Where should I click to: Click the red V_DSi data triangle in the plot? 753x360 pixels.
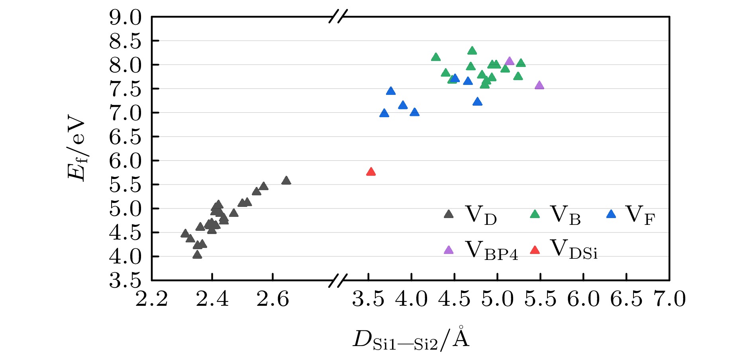click(x=371, y=172)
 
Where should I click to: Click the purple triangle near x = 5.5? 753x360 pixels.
click(x=539, y=85)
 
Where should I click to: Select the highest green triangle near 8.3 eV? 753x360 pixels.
click(x=472, y=51)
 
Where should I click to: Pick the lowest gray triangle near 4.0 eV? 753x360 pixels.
click(x=197, y=255)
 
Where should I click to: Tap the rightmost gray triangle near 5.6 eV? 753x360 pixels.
click(x=286, y=181)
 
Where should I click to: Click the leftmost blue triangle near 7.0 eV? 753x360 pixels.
click(x=384, y=113)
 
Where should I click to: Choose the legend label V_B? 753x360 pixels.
click(x=565, y=215)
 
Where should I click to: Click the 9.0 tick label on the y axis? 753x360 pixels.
click(x=125, y=18)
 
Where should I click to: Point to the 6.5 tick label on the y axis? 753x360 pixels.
click(x=125, y=137)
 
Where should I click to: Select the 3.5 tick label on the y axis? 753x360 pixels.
click(x=125, y=281)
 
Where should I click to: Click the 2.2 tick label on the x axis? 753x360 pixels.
click(x=152, y=299)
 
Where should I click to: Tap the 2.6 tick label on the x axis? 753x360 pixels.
click(x=273, y=299)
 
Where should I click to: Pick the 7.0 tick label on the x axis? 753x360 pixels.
click(x=669, y=299)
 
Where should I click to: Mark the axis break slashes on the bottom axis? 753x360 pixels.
click(x=338, y=281)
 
